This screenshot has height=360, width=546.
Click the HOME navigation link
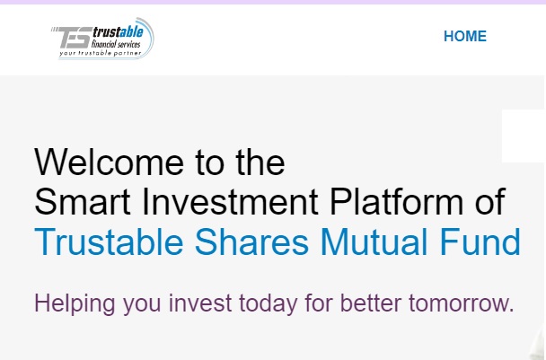click(465, 36)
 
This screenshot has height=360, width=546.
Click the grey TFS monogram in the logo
click(73, 38)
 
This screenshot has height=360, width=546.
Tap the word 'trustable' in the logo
click(118, 32)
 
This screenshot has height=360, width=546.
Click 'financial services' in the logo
click(116, 44)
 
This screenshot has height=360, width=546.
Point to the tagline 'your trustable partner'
click(101, 53)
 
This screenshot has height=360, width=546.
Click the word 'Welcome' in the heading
click(110, 162)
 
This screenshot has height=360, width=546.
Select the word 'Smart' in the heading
click(83, 202)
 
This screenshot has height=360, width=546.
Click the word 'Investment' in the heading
click(230, 202)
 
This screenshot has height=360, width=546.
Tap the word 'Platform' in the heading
click(396, 202)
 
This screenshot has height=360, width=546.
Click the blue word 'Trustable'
click(109, 241)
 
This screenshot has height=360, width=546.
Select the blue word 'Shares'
click(251, 241)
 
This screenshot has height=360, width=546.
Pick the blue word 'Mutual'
click(374, 241)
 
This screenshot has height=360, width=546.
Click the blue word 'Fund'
click(480, 241)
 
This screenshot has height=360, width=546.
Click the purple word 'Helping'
click(75, 303)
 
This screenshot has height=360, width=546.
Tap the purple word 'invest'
click(200, 303)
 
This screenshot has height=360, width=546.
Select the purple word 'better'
click(371, 303)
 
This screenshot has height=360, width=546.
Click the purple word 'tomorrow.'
click(462, 303)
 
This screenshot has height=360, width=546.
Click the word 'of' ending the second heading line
click(490, 202)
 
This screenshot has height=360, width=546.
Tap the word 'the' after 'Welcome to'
click(260, 162)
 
